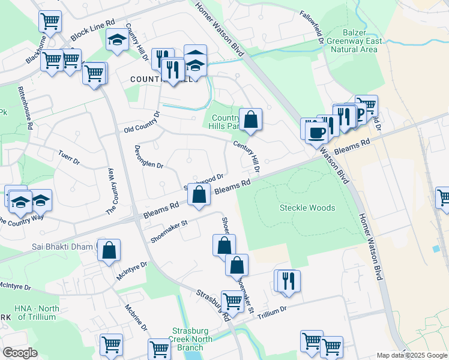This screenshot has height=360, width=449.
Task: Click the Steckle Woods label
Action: click(307, 208)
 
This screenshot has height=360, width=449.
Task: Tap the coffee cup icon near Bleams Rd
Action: click(316, 132)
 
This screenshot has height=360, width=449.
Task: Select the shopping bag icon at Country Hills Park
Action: click(251, 119)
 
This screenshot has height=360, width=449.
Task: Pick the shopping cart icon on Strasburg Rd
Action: click(232, 301)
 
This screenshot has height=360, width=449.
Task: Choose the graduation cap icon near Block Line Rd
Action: click(116, 40)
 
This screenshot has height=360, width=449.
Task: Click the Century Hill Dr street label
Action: click(247, 155)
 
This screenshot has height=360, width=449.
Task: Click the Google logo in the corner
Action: click(20, 353)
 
